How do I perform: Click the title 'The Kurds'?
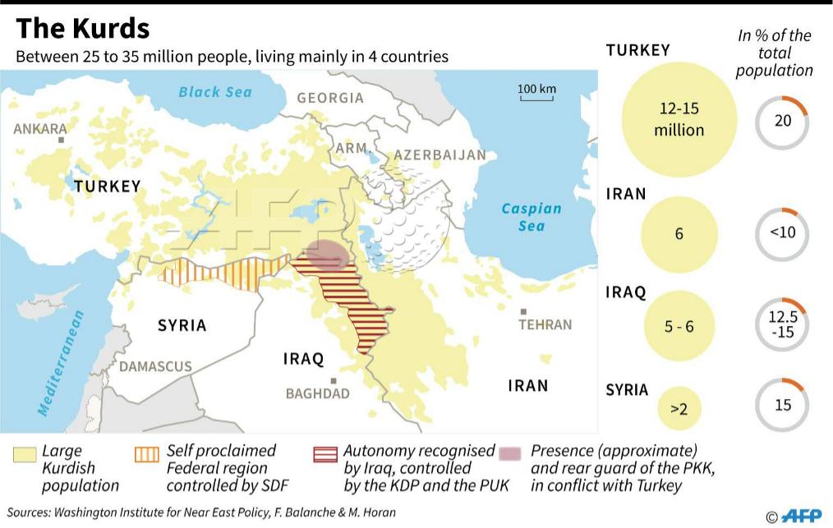pyautogui.click(x=83, y=29)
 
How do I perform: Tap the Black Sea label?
pyautogui.click(x=215, y=92)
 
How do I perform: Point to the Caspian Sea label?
pyautogui.click(x=532, y=217)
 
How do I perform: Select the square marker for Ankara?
pyautogui.click(x=61, y=140)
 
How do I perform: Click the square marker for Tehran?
pyautogui.click(x=523, y=312)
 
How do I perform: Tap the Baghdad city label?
pyautogui.click(x=317, y=393)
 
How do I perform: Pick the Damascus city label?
pyautogui.click(x=155, y=366)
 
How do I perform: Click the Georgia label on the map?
pyautogui.click(x=330, y=98)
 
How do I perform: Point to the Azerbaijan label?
pyautogui.click(x=440, y=155)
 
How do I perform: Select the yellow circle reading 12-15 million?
pyautogui.click(x=679, y=120)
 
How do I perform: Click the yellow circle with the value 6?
pyautogui.click(x=679, y=234)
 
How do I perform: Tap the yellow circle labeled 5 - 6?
pyautogui.click(x=679, y=326)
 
